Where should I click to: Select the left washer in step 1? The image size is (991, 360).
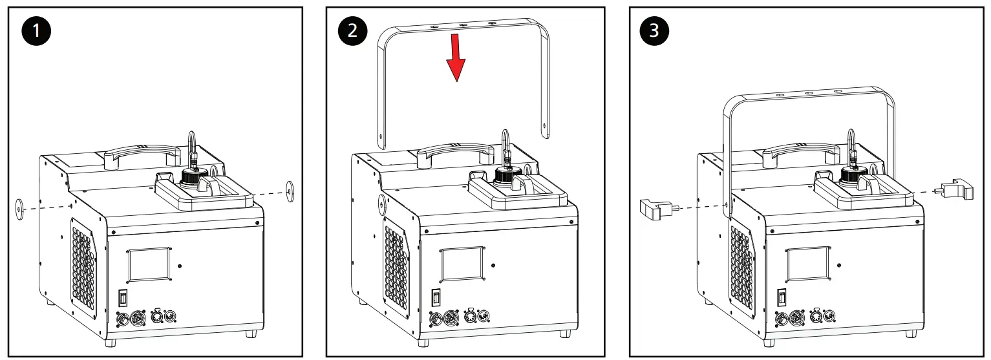pos(21,207)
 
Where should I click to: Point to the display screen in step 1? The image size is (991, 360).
pos(149,264)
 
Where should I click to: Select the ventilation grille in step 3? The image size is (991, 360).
pos(741,266)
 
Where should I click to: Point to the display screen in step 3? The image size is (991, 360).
pos(807,264)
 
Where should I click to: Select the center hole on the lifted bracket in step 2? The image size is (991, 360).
pos(462,25)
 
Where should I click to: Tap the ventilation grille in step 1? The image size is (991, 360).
pos(83,265)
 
